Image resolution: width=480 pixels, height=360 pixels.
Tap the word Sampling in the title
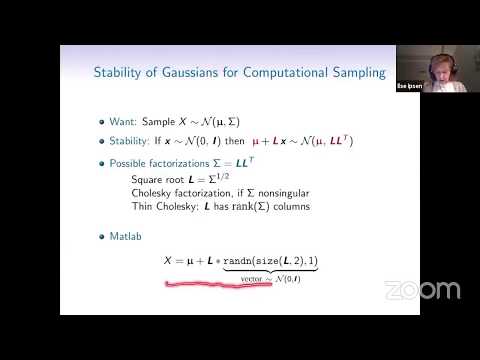click(347, 72)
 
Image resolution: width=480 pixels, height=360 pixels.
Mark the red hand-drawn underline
click(220, 285)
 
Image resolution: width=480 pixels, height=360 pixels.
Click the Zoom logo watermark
click(423, 291)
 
